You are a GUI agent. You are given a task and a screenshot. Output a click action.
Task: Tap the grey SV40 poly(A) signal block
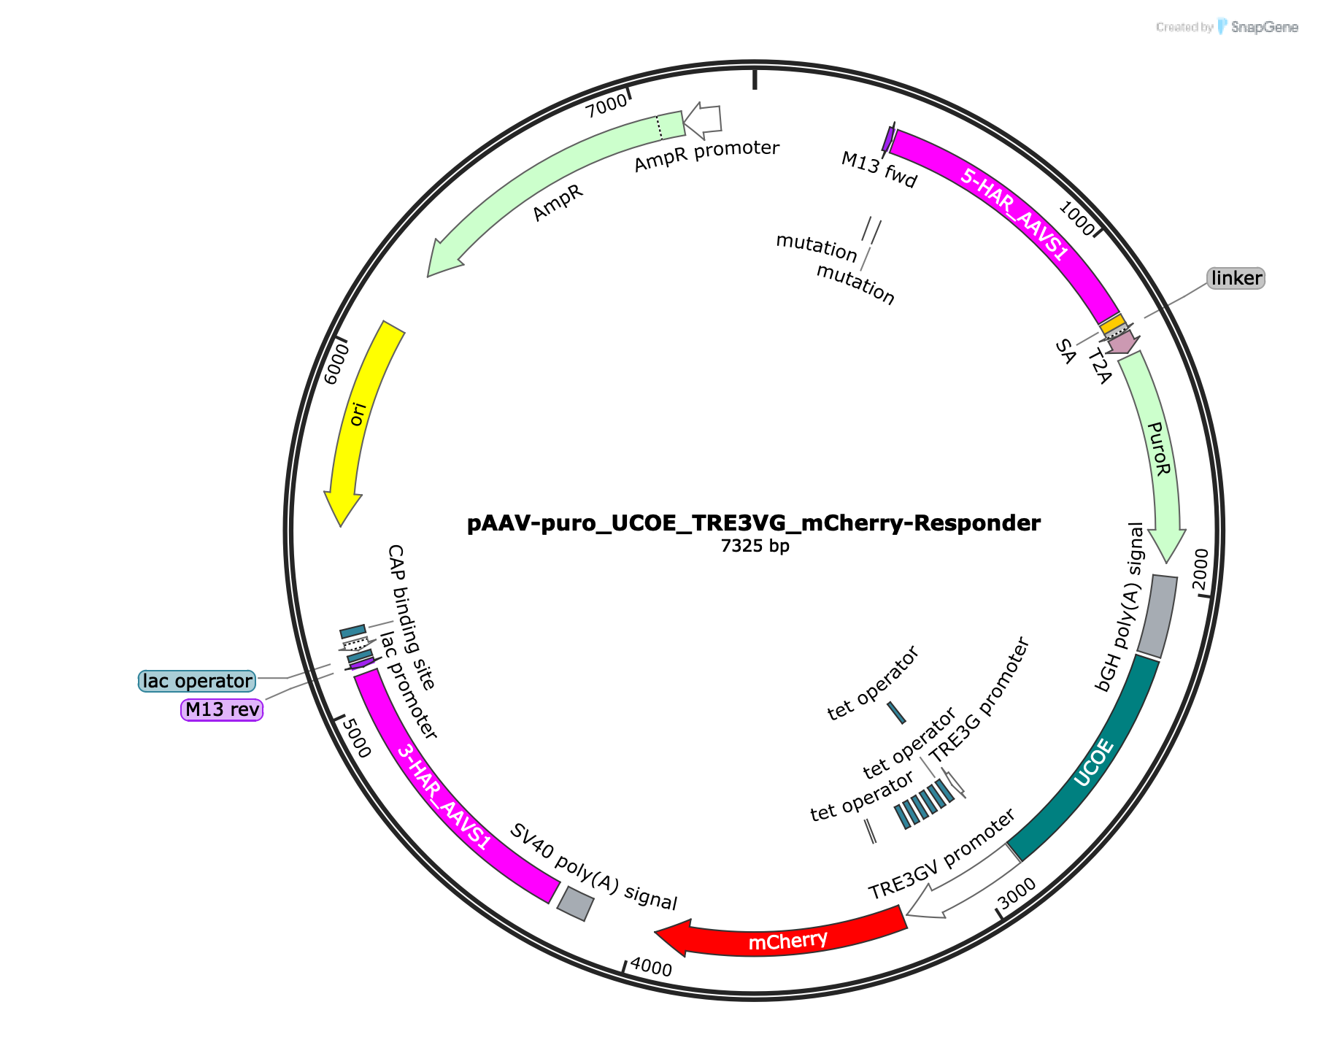click(x=576, y=904)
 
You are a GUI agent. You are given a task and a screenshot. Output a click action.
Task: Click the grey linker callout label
click(x=1236, y=278)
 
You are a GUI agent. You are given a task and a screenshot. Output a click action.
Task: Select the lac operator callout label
click(x=197, y=681)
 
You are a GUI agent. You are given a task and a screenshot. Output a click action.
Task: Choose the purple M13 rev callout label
click(x=222, y=709)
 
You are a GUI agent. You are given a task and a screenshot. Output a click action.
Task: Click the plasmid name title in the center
click(x=754, y=523)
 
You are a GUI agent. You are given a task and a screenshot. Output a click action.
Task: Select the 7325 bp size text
click(x=755, y=546)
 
